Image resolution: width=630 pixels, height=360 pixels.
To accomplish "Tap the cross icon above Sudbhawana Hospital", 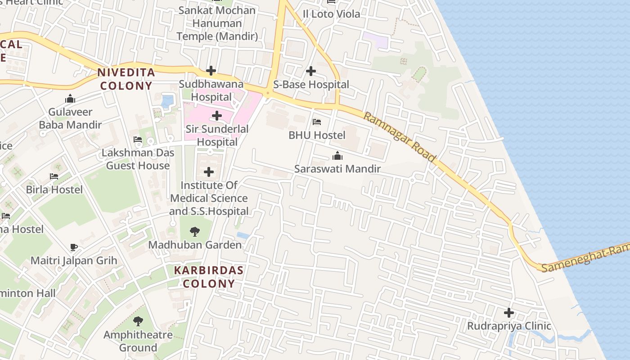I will pos(211,71).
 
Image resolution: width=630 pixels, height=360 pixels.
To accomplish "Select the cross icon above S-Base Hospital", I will pos(310,71).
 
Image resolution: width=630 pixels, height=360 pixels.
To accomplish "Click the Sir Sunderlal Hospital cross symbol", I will pos(216,116).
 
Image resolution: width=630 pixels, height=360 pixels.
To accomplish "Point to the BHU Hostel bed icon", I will pos(317,122).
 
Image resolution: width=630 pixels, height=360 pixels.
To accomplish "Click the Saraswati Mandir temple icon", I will pos(337,156).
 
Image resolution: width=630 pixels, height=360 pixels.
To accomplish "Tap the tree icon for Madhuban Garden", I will pos(195,232).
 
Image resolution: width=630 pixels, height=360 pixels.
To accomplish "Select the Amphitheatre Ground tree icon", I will pos(138,321).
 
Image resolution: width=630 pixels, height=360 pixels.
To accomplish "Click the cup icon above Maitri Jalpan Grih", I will pos(74,247).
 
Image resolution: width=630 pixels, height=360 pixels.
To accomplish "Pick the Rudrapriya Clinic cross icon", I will pos(508,313).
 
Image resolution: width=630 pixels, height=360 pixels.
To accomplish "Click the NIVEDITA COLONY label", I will pos(126,79).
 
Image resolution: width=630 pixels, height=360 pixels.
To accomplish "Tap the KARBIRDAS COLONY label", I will pos(209,277).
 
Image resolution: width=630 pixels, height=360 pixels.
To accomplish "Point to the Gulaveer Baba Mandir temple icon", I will pos(70,99).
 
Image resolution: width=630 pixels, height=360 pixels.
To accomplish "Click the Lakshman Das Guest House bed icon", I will pos(138,139).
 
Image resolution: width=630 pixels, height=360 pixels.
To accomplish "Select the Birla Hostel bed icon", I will pos(54,176).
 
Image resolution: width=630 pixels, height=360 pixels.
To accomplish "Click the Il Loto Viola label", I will pos(331,14).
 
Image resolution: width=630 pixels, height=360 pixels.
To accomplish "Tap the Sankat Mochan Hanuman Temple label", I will pos(217,23).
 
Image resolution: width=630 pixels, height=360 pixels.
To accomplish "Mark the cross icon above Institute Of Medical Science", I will pos(209,172).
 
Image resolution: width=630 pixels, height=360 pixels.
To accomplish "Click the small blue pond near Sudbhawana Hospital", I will pos(167,101).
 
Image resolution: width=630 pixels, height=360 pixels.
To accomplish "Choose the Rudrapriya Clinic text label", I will pos(509,326).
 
